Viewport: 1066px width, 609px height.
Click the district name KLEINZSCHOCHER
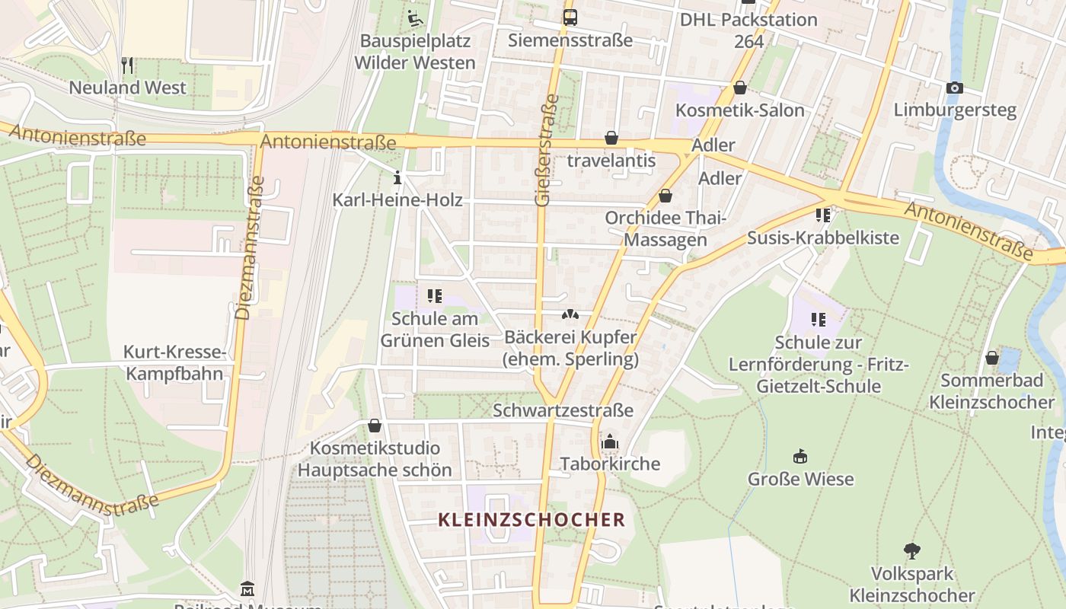pyautogui.click(x=531, y=520)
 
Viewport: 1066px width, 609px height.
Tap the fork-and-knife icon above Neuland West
pyautogui.click(x=127, y=65)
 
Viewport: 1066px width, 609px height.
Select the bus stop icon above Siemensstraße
pyautogui.click(x=570, y=17)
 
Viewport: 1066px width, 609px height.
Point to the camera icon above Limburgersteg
pyautogui.click(x=954, y=88)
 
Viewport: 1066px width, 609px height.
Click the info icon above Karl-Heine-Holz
pyautogui.click(x=397, y=178)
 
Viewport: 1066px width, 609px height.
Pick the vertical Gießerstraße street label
pyautogui.click(x=544, y=150)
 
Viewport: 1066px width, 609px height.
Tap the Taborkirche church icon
pyautogui.click(x=610, y=442)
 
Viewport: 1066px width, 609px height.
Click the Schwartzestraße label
pyautogui.click(x=563, y=410)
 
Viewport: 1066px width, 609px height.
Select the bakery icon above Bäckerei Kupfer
pyautogui.click(x=570, y=314)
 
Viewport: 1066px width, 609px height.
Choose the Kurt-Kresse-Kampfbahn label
pyautogui.click(x=174, y=363)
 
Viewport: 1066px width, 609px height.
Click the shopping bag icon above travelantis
pyautogui.click(x=611, y=138)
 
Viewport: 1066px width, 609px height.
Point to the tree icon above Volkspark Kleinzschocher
pyautogui.click(x=911, y=550)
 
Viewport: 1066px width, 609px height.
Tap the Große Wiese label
pyautogui.click(x=800, y=479)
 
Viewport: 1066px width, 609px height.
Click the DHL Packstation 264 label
pyautogui.click(x=748, y=30)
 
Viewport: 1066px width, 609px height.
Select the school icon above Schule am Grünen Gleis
pyautogui.click(x=435, y=295)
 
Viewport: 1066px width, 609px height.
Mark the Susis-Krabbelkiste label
pyautogui.click(x=822, y=238)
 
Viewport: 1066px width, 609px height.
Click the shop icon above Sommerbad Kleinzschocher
pyautogui.click(x=991, y=357)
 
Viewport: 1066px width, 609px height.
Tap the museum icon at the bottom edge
pyautogui.click(x=247, y=590)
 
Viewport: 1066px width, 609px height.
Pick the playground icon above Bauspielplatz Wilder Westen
pyautogui.click(x=415, y=18)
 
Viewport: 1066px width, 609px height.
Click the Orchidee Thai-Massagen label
pyautogui.click(x=665, y=228)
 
